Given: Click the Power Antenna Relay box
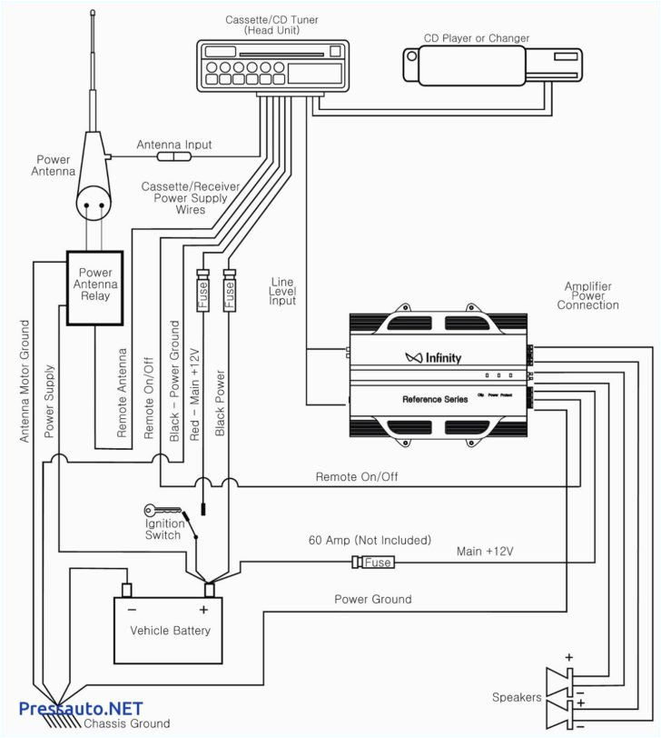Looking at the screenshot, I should (x=95, y=285).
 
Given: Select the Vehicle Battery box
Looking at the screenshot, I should (x=169, y=629).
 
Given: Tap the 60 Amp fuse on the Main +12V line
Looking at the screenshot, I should (x=375, y=563).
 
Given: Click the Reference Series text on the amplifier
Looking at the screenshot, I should (x=436, y=399).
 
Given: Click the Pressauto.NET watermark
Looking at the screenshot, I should (x=81, y=708).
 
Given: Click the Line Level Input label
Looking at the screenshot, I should (x=282, y=291).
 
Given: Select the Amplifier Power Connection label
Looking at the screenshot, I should (x=587, y=296).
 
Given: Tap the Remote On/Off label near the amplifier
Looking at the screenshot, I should (x=356, y=476).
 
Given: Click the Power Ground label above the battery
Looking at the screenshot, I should (x=372, y=599).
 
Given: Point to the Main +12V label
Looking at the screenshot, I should (x=485, y=550).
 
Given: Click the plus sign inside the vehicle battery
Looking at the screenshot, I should (x=203, y=610).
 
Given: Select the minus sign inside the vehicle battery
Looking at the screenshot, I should (x=131, y=610).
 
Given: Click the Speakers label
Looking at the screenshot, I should (x=517, y=697).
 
